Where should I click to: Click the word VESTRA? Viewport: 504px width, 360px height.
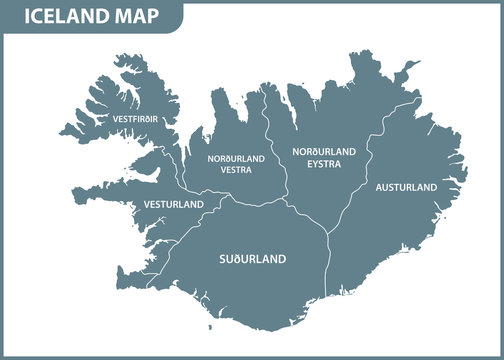(236, 170)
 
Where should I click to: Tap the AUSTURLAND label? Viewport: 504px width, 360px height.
(405, 187)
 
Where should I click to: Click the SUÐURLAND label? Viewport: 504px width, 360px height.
(252, 259)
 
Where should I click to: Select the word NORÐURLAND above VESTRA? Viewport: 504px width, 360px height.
(236, 158)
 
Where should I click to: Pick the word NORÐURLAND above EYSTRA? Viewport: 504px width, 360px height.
(323, 151)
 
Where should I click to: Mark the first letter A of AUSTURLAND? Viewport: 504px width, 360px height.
(378, 187)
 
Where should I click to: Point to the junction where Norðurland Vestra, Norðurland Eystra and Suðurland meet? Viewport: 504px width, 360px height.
(287, 199)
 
